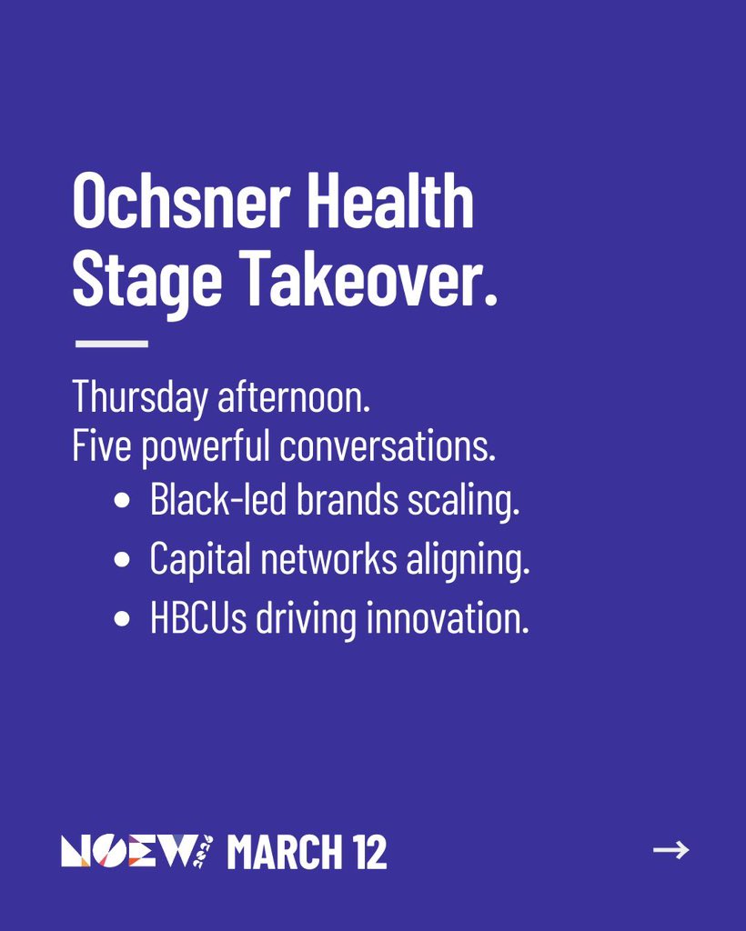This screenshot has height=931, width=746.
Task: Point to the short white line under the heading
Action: point(111,344)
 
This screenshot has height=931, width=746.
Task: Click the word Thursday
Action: point(139,397)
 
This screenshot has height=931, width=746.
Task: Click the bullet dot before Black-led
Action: point(122,503)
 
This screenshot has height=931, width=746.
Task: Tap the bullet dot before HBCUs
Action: point(122,621)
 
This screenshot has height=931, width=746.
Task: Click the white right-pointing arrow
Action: point(670,850)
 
